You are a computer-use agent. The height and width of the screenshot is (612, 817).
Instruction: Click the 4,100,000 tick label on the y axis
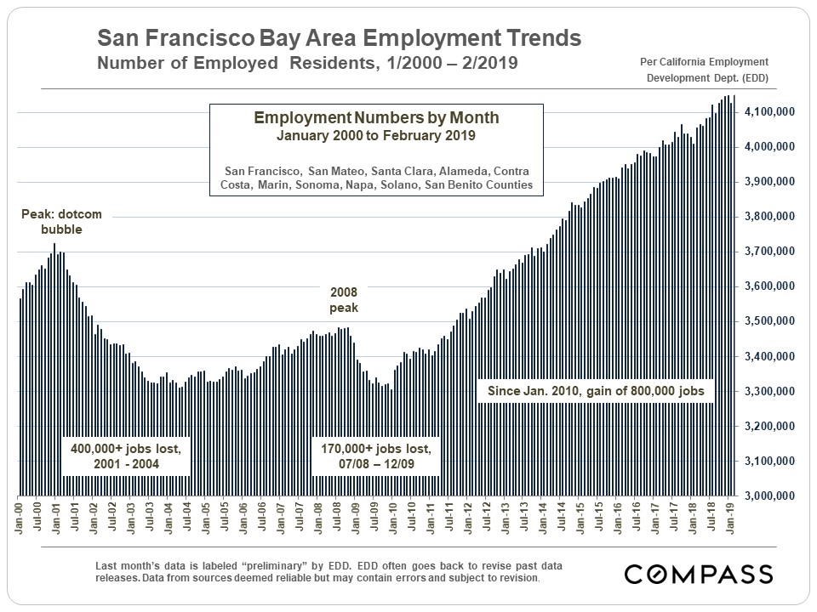tap(769, 112)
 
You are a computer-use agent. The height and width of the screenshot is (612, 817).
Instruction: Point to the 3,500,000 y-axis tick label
tap(769, 321)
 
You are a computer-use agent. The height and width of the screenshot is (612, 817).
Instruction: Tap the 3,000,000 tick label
tap(769, 496)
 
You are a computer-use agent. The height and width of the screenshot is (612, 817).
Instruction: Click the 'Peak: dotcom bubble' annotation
tap(55, 222)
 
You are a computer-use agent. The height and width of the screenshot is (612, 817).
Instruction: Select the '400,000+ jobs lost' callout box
tap(125, 456)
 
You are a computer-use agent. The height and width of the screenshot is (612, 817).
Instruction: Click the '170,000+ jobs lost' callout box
tap(375, 456)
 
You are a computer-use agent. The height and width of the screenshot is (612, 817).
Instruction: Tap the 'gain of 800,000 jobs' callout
tap(596, 392)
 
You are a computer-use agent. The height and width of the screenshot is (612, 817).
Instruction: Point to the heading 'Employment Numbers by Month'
tap(375, 118)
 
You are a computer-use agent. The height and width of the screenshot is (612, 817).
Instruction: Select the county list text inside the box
tap(375, 177)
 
